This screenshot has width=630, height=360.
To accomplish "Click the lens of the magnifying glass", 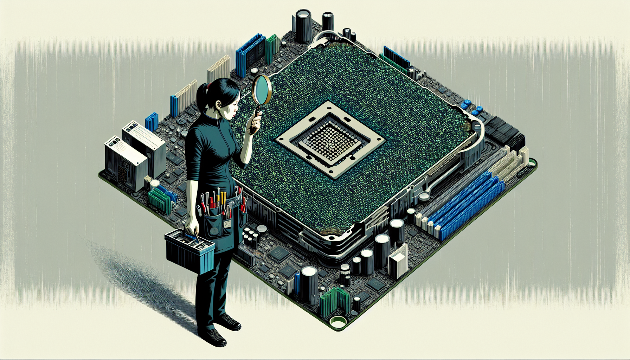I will (x=261, y=89).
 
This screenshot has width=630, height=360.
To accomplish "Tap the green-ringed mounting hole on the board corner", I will (x=338, y=321).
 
